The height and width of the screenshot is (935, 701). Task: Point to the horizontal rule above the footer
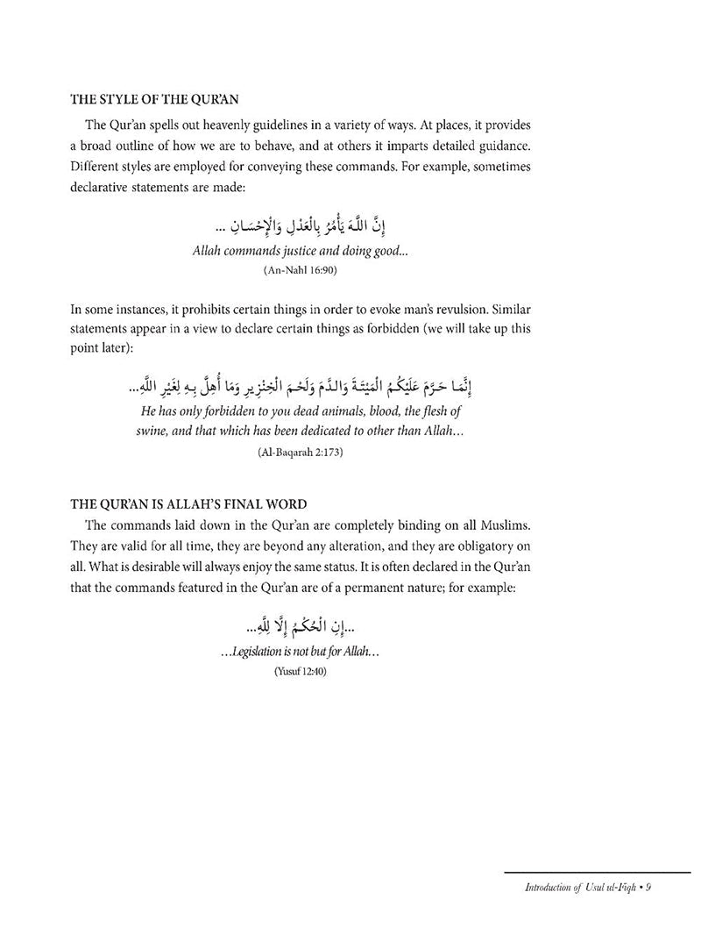pyautogui.click(x=597, y=872)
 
